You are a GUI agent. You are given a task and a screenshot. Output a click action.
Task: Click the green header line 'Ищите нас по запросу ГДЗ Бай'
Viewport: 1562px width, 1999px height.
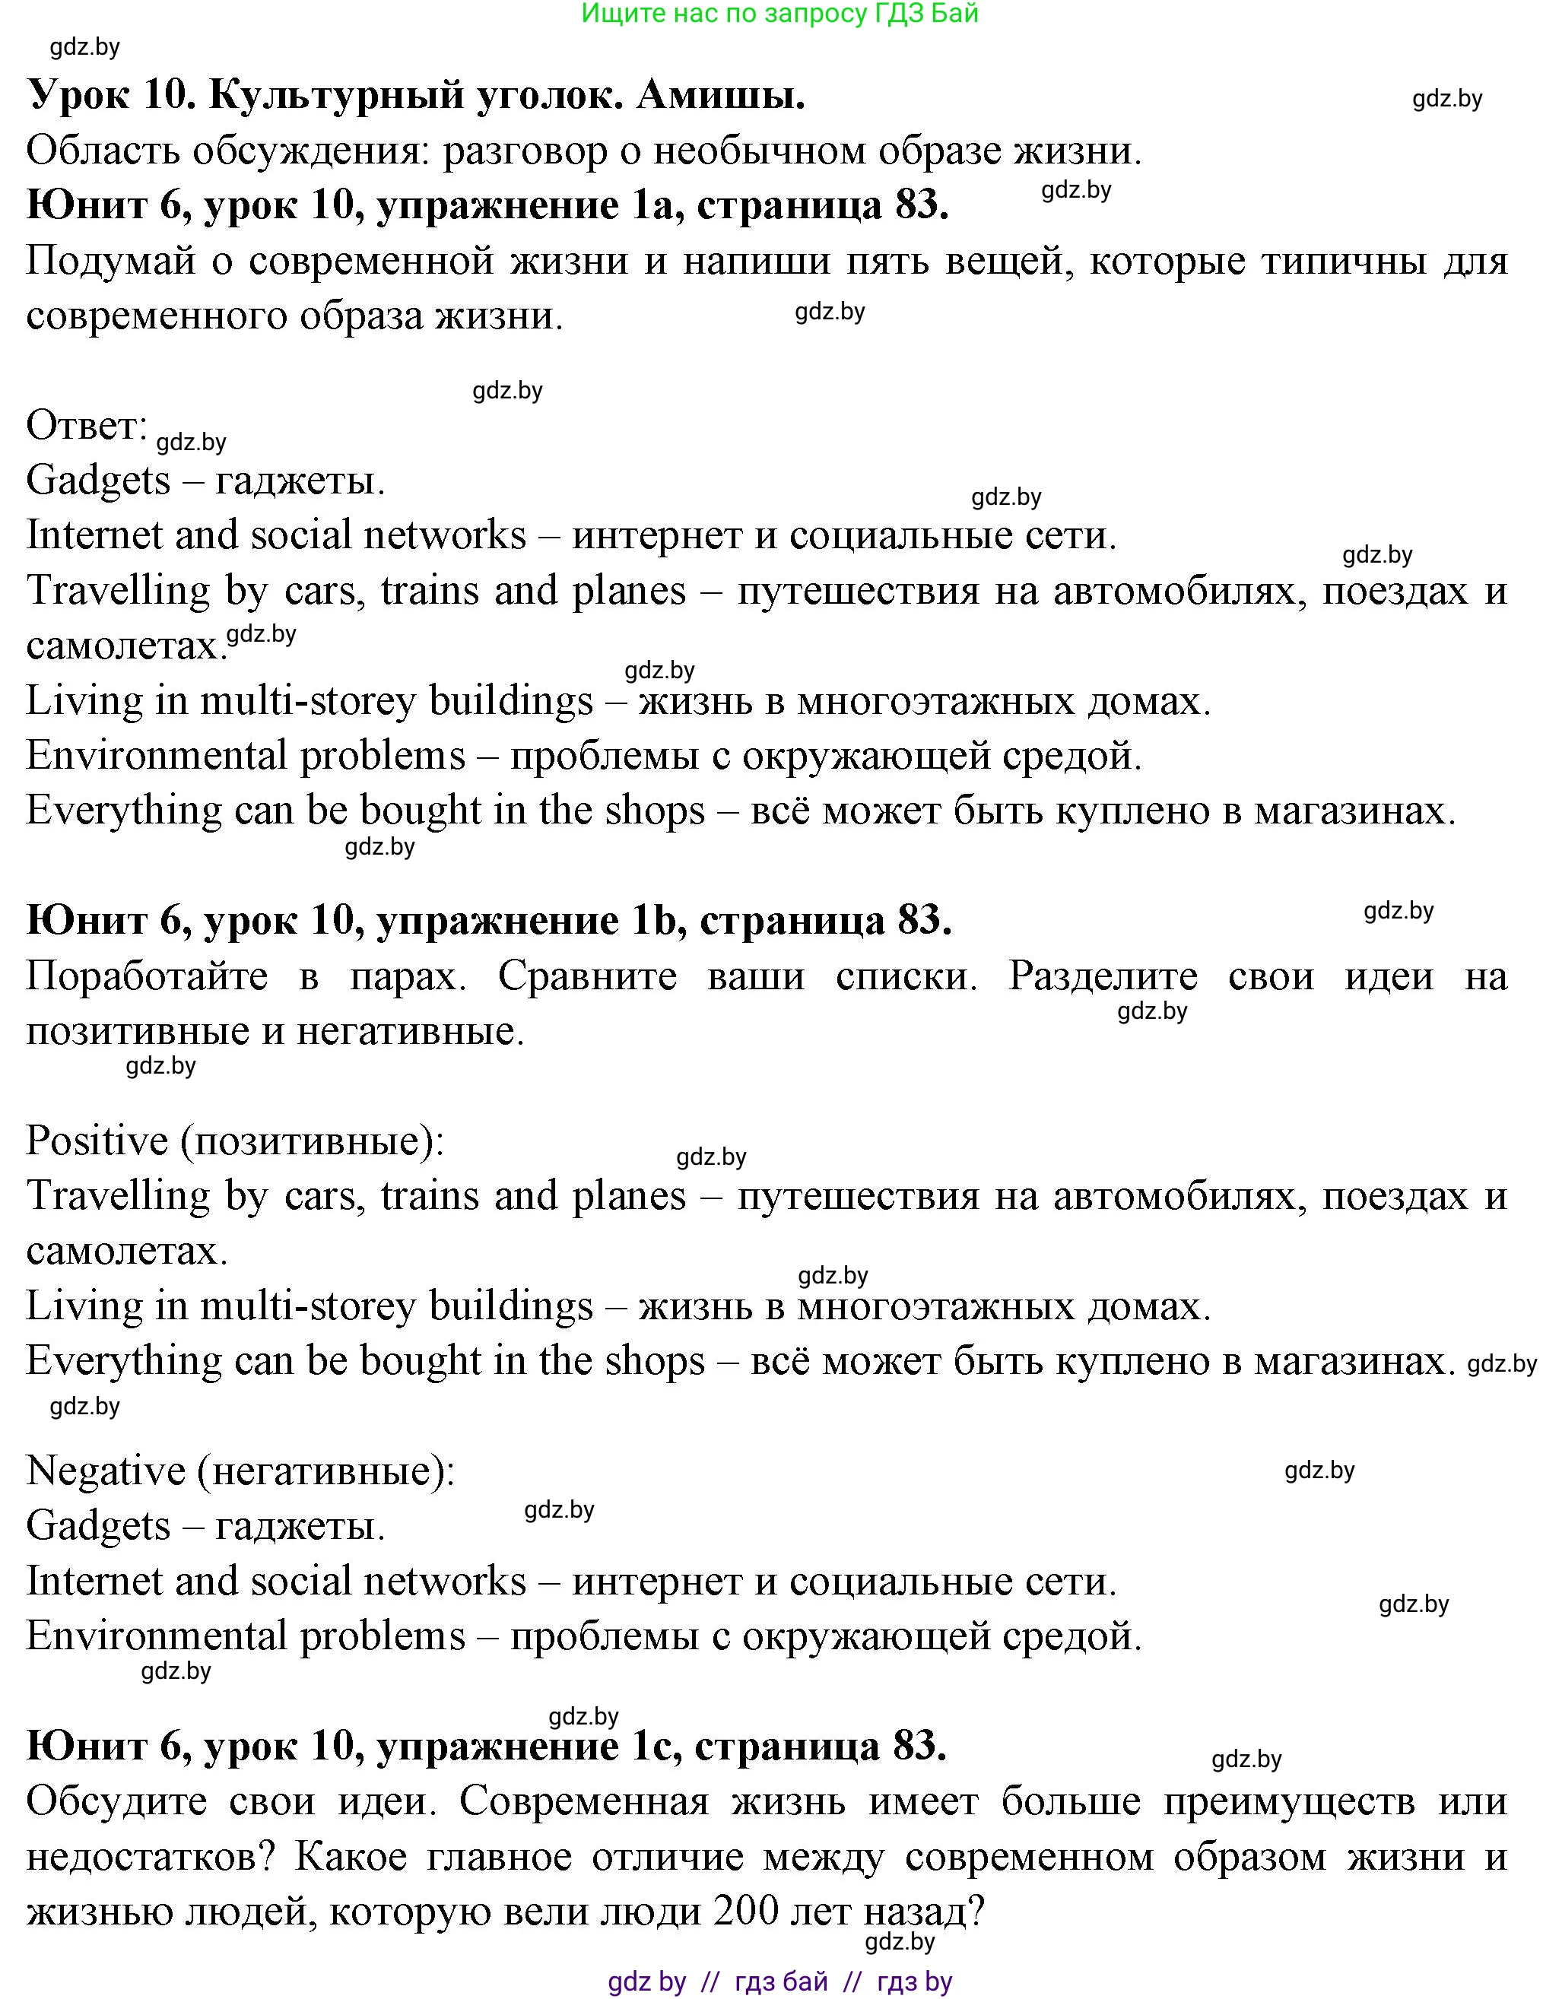tap(780, 14)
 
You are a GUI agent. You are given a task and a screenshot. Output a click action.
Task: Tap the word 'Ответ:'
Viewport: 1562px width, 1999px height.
tap(87, 426)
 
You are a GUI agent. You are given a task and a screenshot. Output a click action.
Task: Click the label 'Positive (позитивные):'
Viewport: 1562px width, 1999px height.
tap(234, 1141)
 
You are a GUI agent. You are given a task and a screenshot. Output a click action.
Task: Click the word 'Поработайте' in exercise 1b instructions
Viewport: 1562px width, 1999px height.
tap(147, 976)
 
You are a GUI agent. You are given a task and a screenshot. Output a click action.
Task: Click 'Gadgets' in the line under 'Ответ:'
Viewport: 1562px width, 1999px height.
tap(98, 481)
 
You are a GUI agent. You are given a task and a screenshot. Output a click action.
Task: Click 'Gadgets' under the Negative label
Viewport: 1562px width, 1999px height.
tap(98, 1527)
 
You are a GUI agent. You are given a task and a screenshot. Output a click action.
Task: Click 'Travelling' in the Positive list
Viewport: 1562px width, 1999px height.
tap(118, 1196)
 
